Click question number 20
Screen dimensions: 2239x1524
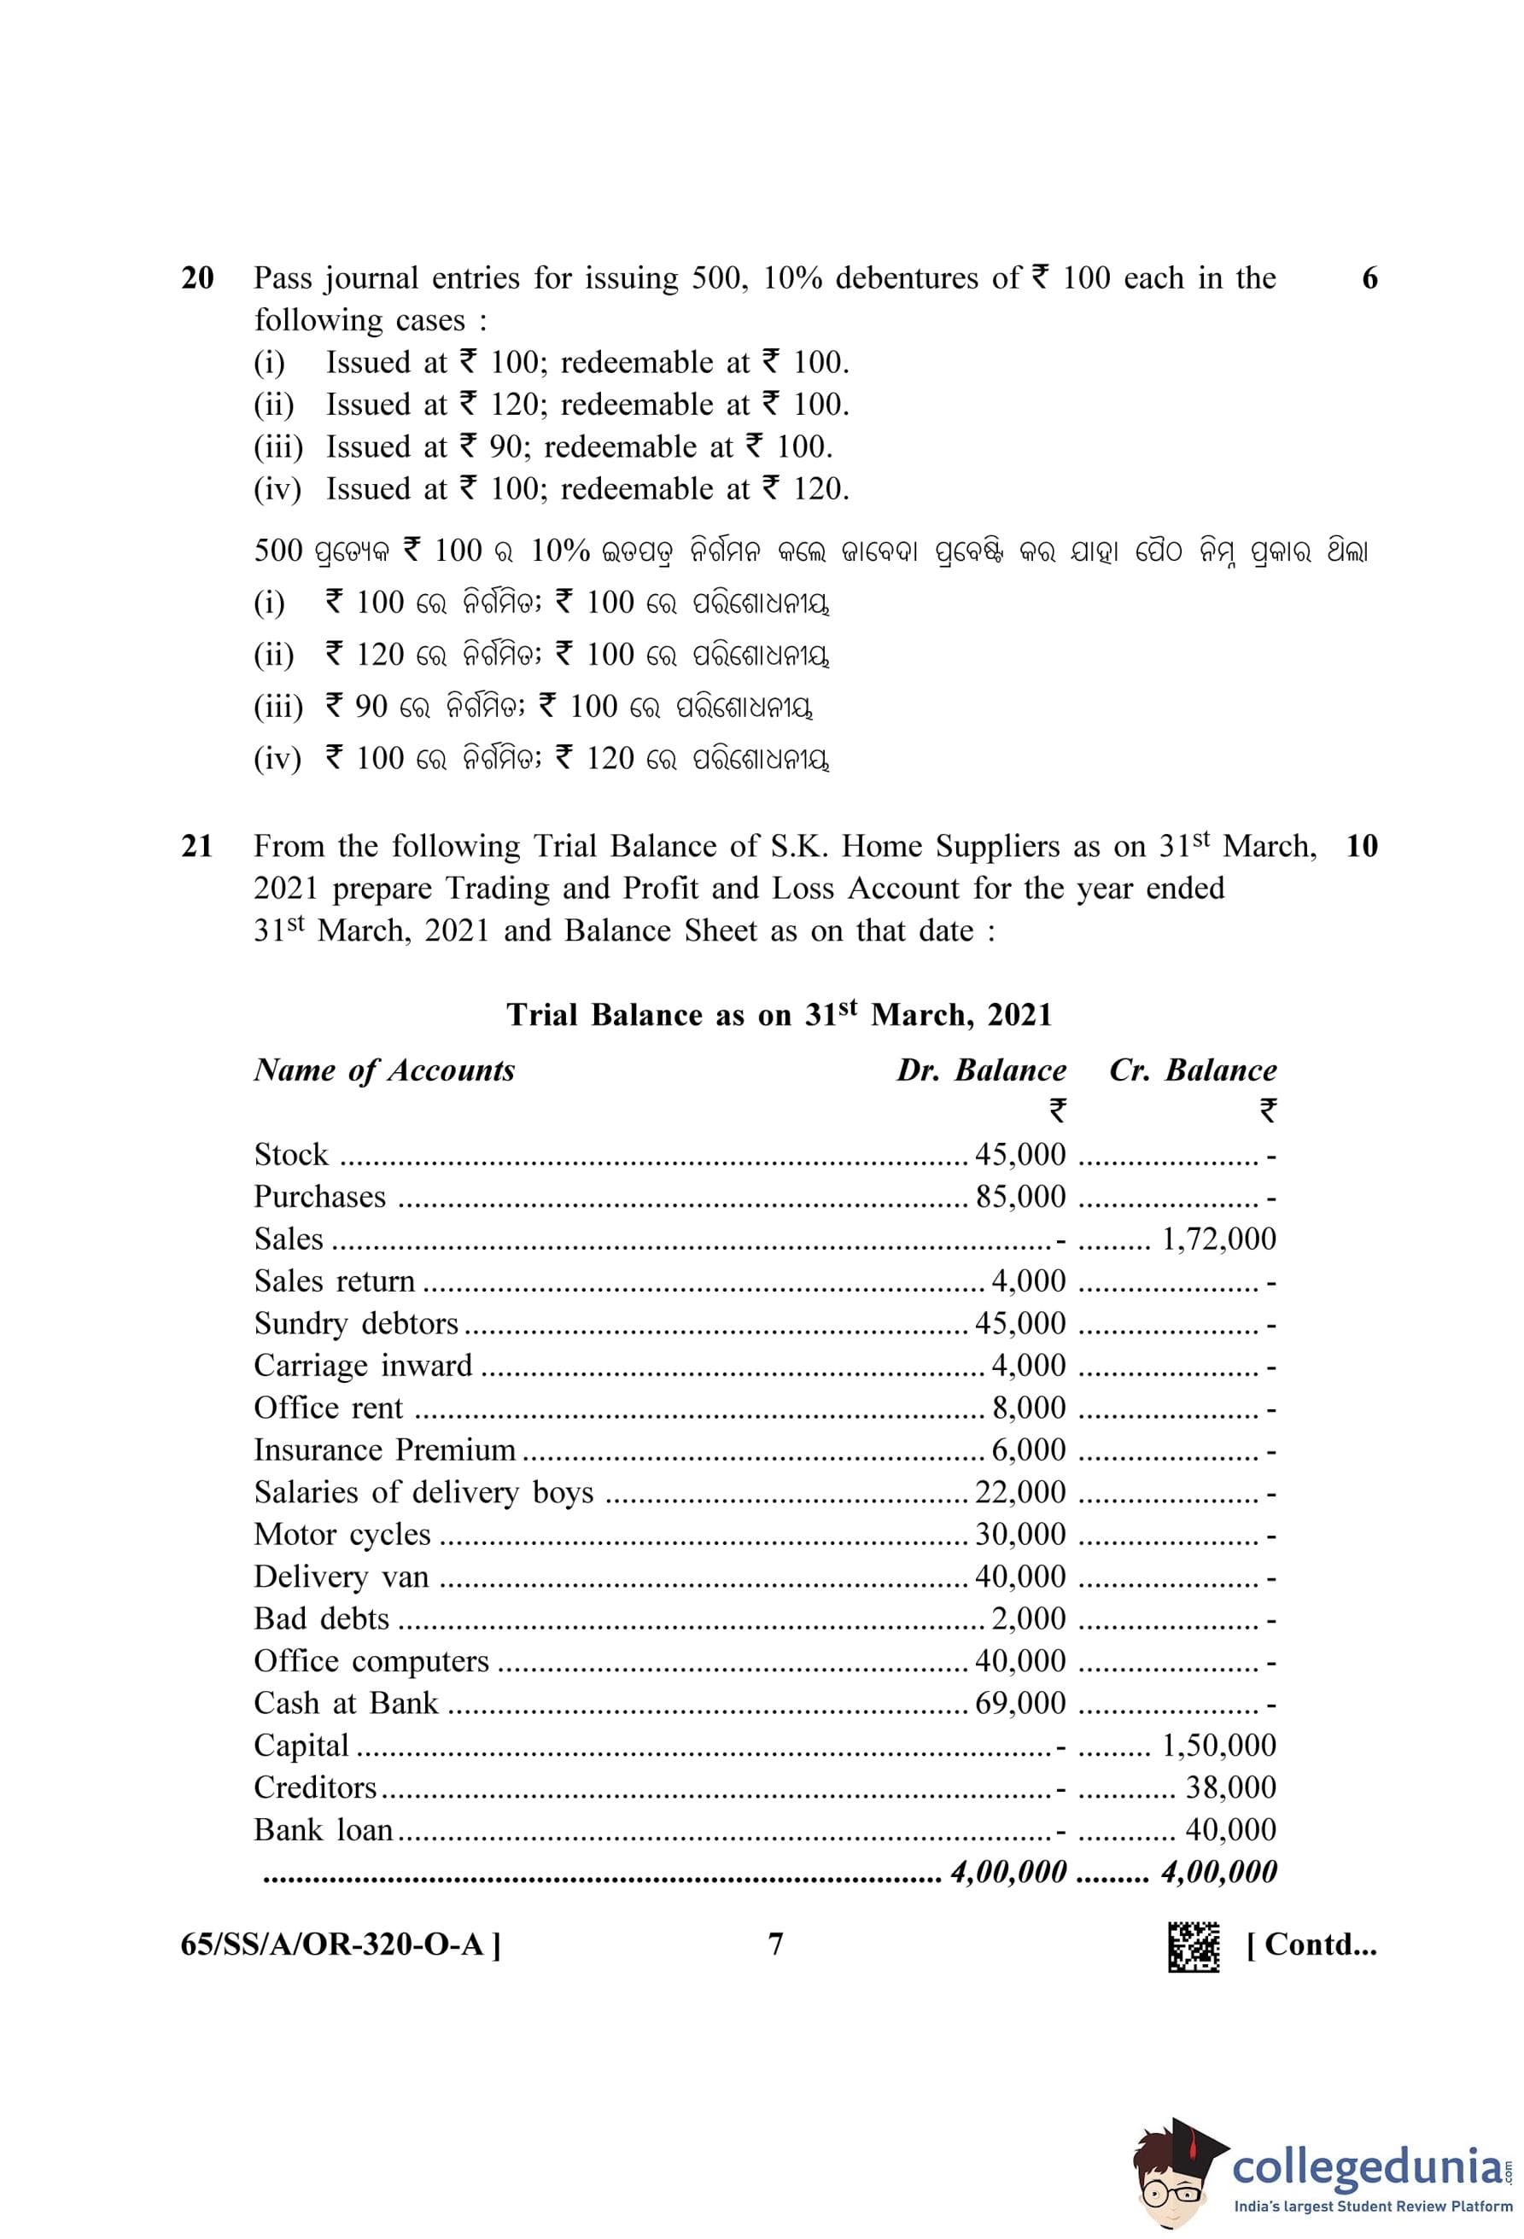tap(197, 278)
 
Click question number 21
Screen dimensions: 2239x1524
tap(197, 847)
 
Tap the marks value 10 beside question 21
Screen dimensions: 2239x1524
tap(1361, 847)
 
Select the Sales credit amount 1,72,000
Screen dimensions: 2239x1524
tap(1218, 1239)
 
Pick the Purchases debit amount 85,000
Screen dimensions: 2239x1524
tap(1020, 1197)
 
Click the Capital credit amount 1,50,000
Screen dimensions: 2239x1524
tap(1218, 1745)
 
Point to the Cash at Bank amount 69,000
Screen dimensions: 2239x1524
tap(1020, 1703)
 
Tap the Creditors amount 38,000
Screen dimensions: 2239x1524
tap(1230, 1787)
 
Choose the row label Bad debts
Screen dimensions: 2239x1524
tap(322, 1618)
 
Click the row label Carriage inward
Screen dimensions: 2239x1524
tap(363, 1365)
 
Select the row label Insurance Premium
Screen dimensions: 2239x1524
tap(384, 1450)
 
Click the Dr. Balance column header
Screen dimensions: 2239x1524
tap(981, 1070)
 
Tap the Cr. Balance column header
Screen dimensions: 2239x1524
tap(1193, 1070)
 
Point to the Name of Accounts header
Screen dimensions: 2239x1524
tap(384, 1070)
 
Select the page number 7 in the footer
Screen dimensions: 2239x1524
tap(775, 1945)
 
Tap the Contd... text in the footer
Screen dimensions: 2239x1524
tap(1311, 1945)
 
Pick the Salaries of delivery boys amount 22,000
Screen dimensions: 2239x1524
tap(1020, 1492)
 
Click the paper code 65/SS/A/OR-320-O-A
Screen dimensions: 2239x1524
tap(340, 1945)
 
